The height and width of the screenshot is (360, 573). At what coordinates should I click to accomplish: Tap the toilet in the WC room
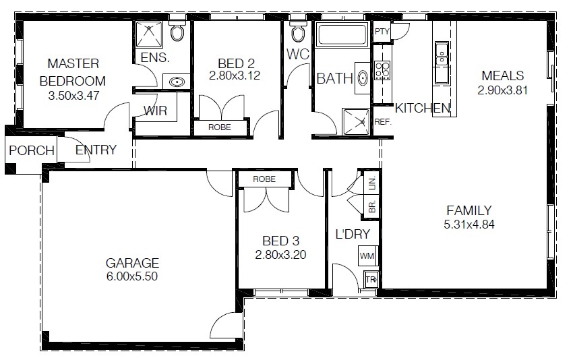[x=298, y=31]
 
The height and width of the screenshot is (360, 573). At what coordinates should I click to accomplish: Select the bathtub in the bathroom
[x=342, y=35]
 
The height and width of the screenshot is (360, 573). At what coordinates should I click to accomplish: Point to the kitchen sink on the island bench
[x=442, y=55]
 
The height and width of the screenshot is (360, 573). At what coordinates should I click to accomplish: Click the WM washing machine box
[x=367, y=256]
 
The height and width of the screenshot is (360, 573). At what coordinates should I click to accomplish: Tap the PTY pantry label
[x=382, y=32]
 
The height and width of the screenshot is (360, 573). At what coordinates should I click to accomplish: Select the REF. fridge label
[x=383, y=122]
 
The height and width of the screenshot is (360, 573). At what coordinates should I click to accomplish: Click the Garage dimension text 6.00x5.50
[x=132, y=276]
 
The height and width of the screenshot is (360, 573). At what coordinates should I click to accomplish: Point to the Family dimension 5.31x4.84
[x=469, y=224]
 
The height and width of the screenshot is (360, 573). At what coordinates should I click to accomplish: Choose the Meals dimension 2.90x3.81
[x=502, y=90]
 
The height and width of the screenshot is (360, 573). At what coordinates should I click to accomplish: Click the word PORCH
[x=32, y=150]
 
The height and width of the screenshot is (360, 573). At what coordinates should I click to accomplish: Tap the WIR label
[x=155, y=111]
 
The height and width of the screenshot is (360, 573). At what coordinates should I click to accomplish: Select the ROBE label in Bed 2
[x=220, y=127]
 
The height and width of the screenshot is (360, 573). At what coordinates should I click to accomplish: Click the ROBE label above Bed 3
[x=264, y=179]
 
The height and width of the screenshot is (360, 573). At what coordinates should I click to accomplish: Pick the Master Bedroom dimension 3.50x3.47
[x=74, y=95]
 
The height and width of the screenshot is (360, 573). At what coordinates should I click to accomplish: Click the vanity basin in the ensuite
[x=177, y=81]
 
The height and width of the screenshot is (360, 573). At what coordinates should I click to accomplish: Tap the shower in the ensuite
[x=149, y=34]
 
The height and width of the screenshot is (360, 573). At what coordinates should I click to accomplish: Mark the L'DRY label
[x=353, y=234]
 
